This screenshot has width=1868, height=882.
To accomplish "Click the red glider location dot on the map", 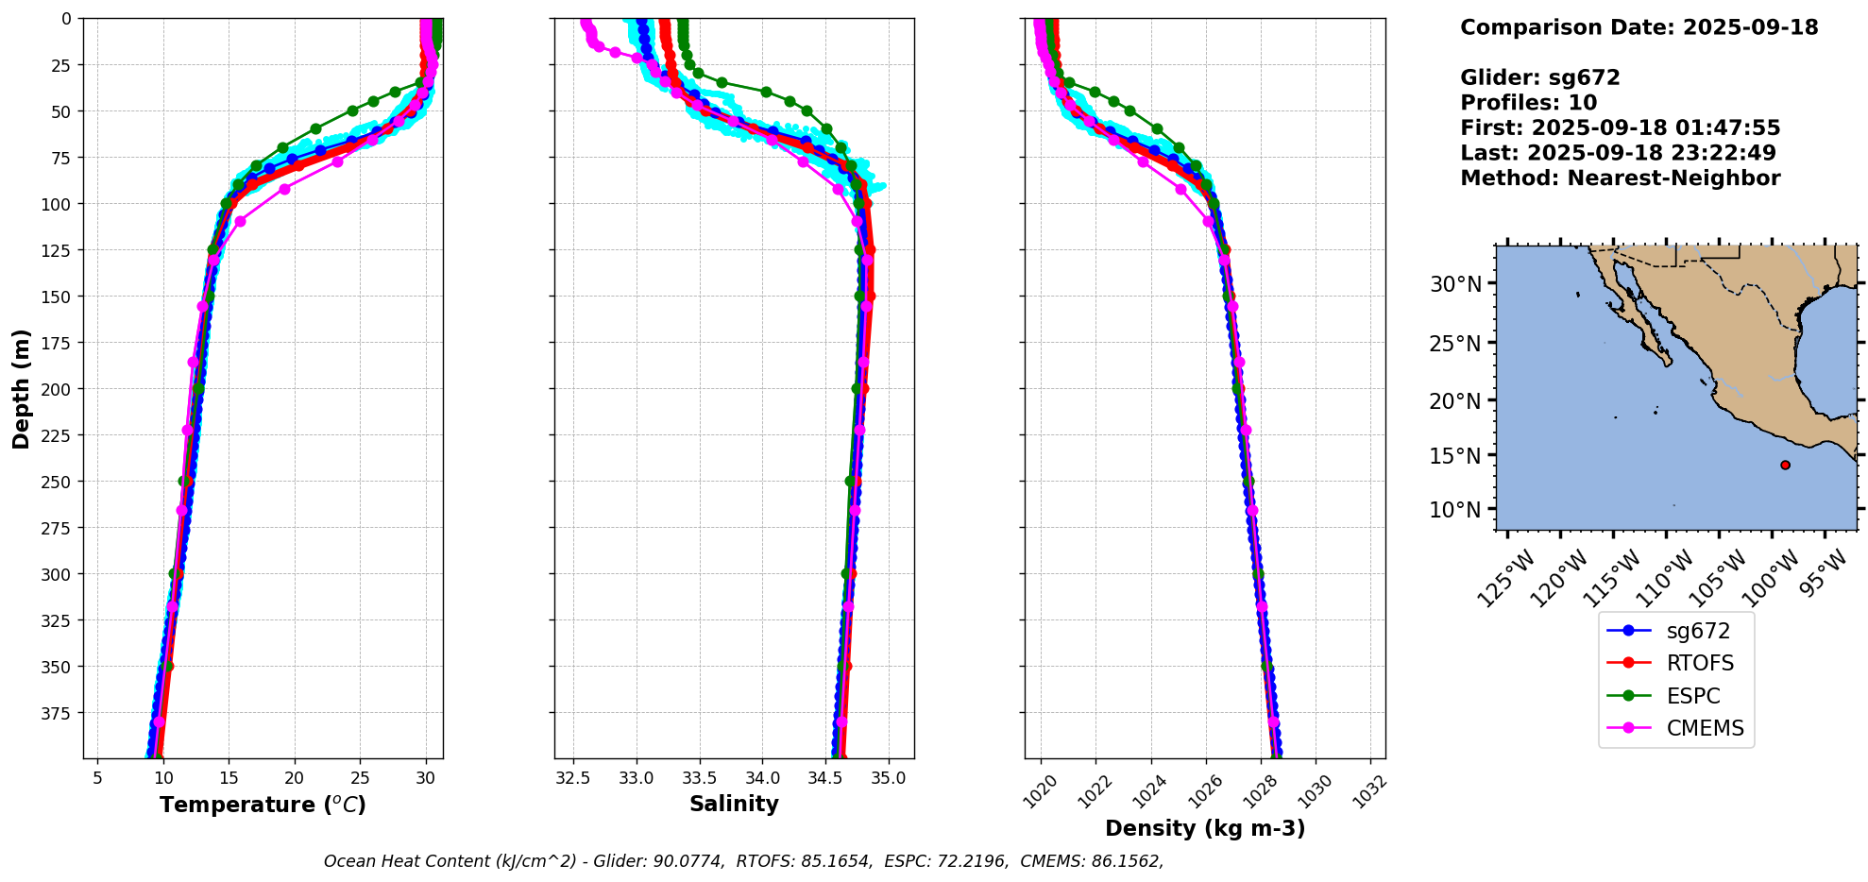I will tap(1785, 465).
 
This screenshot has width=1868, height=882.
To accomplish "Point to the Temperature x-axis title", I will tap(263, 805).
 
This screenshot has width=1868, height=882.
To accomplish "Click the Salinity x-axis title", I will tap(734, 804).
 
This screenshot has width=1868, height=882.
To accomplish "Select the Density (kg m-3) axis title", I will tap(1205, 828).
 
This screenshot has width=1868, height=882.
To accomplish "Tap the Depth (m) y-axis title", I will tap(21, 389).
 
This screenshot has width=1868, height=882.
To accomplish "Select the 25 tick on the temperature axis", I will tap(360, 777).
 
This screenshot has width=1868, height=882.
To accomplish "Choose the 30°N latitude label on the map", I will tap(1455, 283).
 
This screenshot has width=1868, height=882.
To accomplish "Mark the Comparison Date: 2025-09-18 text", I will tap(1639, 27).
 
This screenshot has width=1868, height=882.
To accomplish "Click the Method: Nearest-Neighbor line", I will tap(1620, 178).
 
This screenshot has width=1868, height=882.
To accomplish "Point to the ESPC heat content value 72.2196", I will tap(974, 861).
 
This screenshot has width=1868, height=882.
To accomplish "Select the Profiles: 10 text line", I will tap(1528, 103).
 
